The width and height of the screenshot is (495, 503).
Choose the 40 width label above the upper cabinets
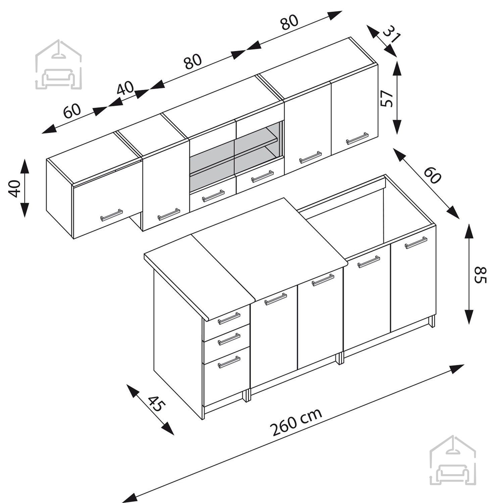(126, 89)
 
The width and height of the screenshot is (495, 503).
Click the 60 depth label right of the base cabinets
(432, 175)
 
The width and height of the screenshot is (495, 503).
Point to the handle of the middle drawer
(229, 339)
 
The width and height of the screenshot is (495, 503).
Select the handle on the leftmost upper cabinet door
(112, 215)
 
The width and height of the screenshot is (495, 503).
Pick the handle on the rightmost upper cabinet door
(357, 138)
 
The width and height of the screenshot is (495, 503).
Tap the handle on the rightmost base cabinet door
(416, 243)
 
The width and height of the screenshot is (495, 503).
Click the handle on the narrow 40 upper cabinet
(169, 214)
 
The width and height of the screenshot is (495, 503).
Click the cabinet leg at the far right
(432, 321)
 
